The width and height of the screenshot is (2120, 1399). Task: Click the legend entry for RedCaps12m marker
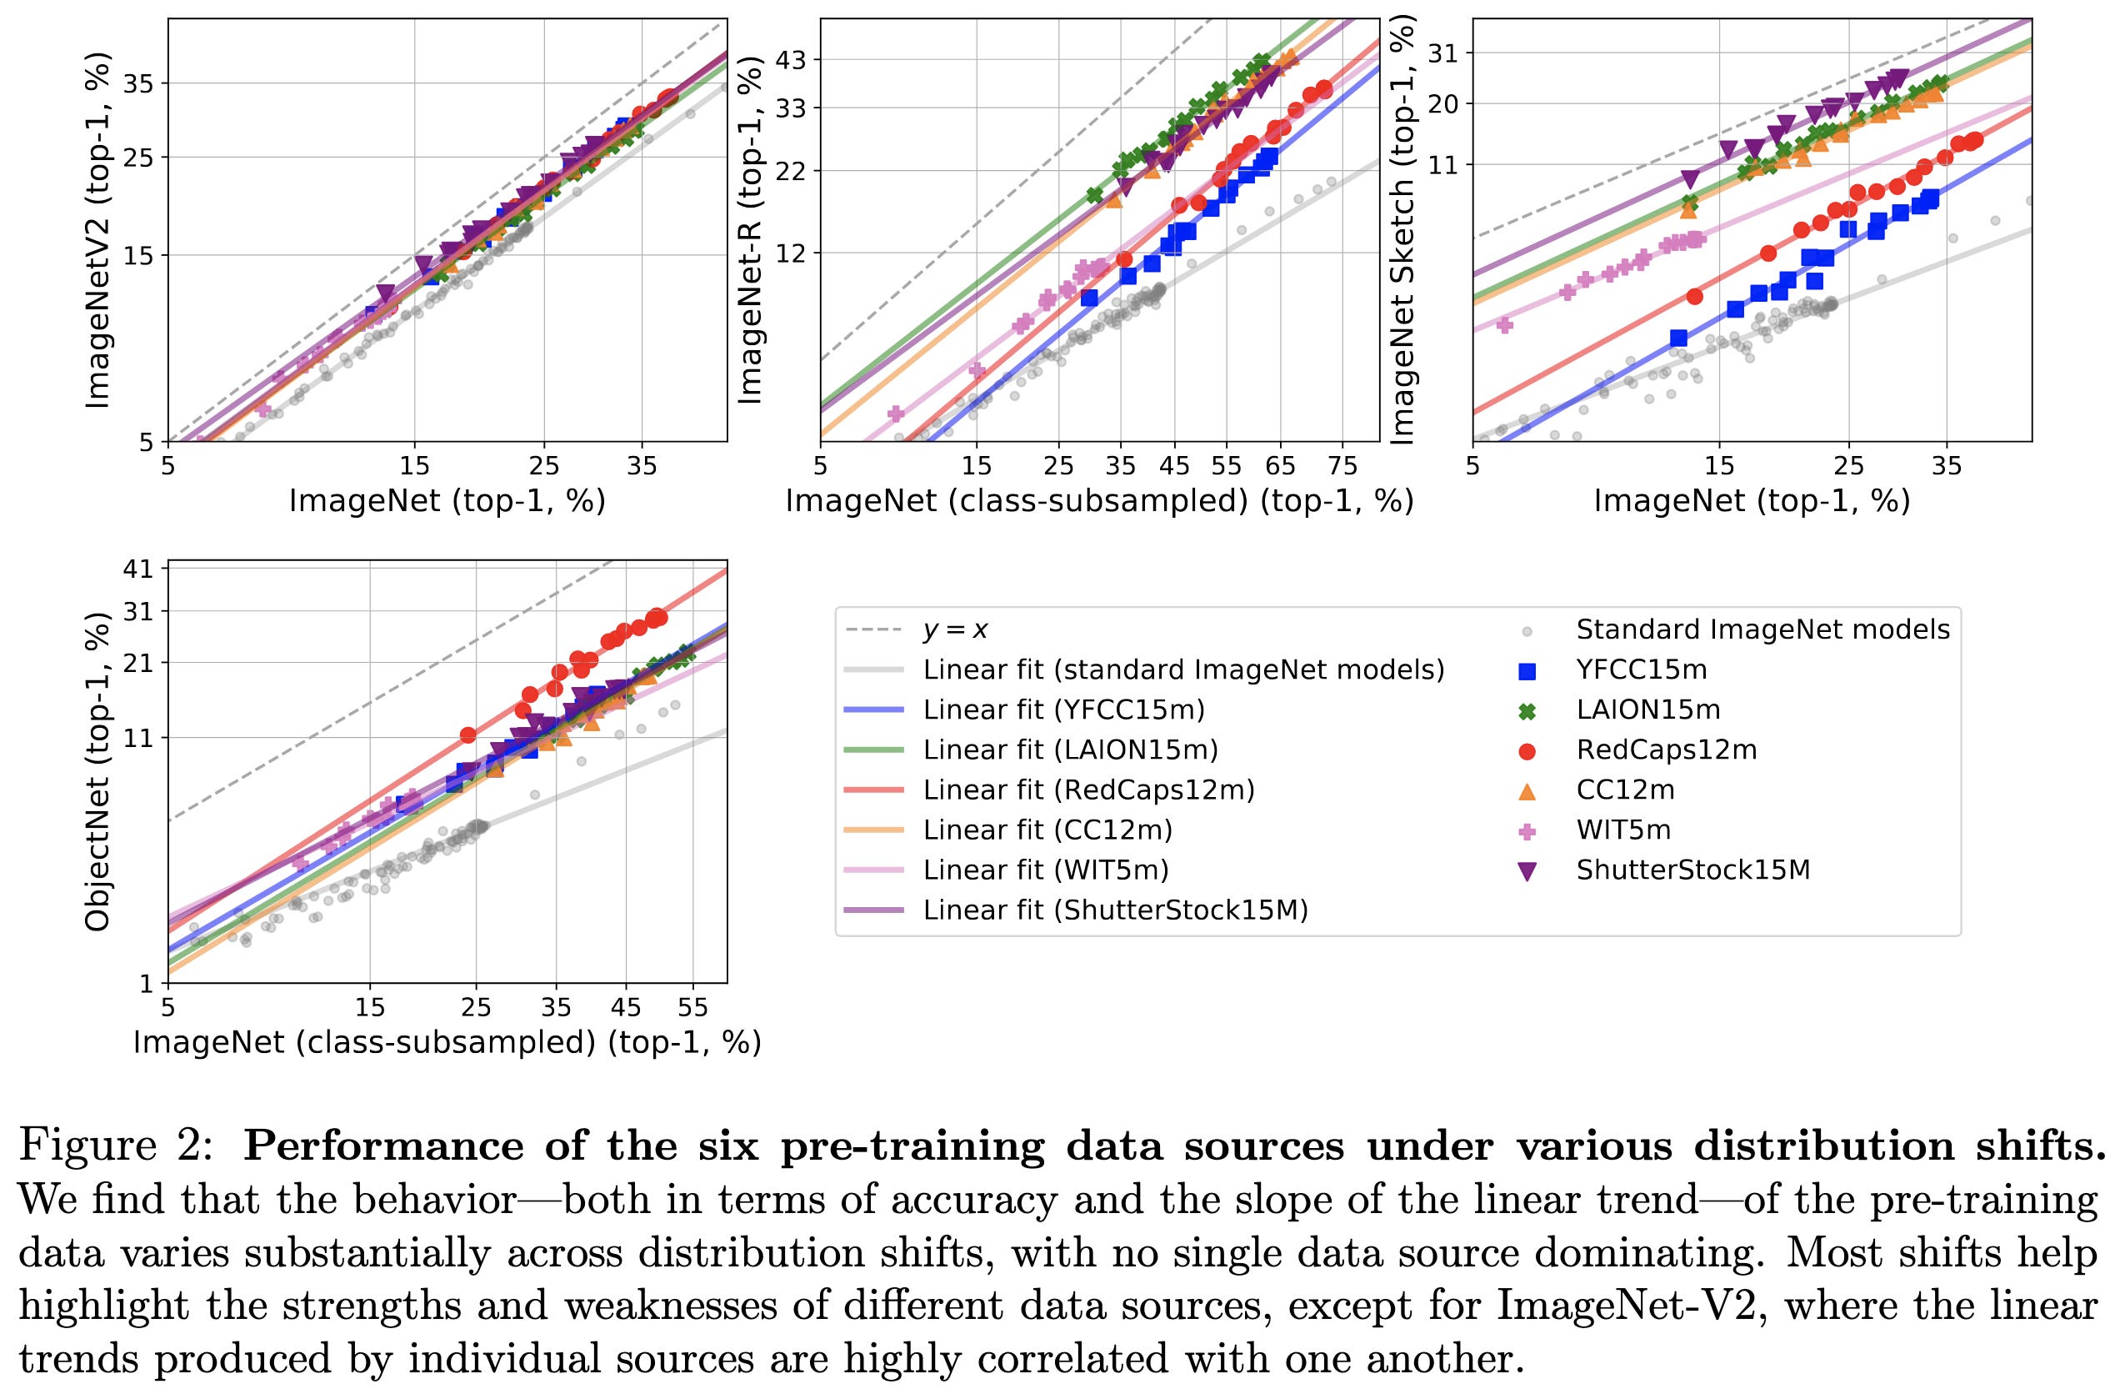coord(1666,750)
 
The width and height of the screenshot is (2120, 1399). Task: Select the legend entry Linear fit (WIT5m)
coord(1045,870)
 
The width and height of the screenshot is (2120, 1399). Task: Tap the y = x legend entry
coord(954,631)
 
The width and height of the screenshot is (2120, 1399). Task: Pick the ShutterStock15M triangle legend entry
coord(1692,870)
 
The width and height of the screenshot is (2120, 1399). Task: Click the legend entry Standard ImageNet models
coord(1762,630)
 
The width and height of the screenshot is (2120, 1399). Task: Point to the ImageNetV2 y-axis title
coord(98,231)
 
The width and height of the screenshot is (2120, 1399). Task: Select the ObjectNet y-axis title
coord(98,773)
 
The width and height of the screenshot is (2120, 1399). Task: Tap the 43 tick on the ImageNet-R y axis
coord(792,61)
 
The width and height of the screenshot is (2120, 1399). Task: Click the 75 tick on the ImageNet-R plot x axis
coord(1342,466)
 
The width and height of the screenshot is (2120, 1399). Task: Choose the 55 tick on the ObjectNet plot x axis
coord(692,1008)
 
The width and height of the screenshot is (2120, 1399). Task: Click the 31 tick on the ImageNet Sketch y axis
coord(1443,54)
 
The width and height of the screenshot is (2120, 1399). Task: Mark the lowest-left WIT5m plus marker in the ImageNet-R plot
coord(897,413)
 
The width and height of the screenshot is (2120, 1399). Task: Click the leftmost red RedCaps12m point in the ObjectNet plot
coord(467,735)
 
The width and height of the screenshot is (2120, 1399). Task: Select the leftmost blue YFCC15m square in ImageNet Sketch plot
coord(1678,338)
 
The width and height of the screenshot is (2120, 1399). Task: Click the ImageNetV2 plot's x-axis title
coord(447,501)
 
